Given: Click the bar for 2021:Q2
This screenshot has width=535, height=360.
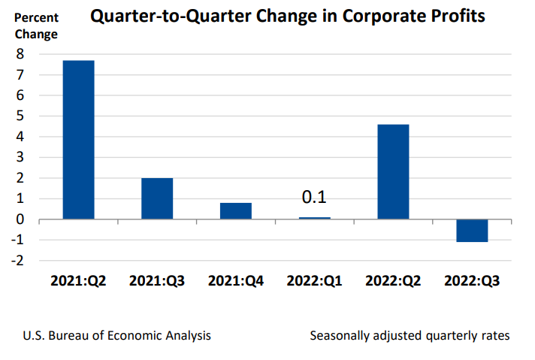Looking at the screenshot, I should (x=78, y=140).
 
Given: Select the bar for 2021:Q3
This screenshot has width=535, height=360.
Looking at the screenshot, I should (x=157, y=198).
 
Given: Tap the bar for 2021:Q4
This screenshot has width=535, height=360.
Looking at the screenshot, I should (x=235, y=210).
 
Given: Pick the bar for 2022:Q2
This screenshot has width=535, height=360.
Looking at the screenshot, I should (x=393, y=171).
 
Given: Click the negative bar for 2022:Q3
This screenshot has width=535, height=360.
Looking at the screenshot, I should (x=471, y=231).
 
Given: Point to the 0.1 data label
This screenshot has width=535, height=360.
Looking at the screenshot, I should (x=314, y=198).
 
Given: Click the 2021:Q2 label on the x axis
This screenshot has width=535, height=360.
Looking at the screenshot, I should (x=78, y=281).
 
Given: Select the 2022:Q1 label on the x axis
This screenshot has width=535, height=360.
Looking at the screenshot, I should (x=314, y=281).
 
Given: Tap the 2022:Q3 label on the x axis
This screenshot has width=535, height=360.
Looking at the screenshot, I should (x=471, y=281).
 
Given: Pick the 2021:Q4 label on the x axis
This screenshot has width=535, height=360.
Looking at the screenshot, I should (x=235, y=281).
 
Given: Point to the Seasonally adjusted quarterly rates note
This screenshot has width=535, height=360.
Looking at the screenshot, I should (x=410, y=335).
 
